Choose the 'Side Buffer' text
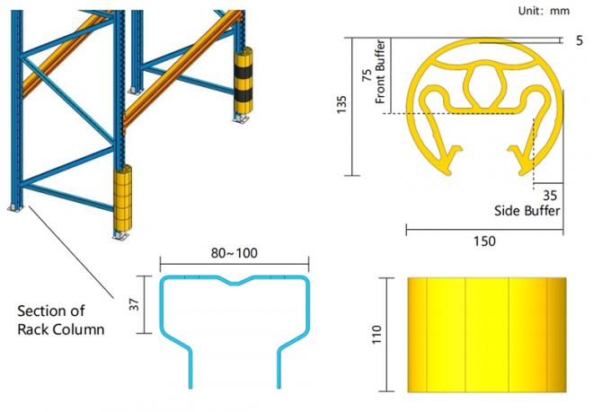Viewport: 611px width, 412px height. [528, 211]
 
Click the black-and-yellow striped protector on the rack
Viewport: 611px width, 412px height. [244, 81]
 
